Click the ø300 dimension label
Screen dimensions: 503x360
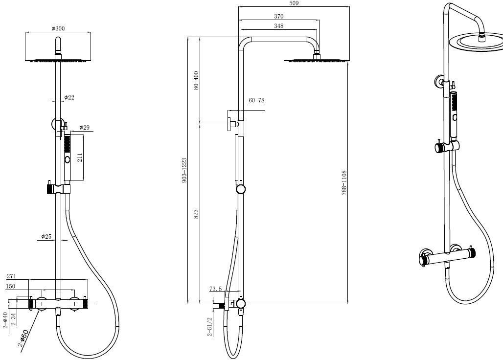[58, 28]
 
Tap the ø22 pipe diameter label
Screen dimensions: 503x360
[69, 97]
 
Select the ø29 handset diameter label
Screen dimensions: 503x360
[84, 127]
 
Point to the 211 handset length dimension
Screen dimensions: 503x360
[80, 157]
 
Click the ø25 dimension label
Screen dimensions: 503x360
[46, 237]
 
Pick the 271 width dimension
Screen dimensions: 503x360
[12, 276]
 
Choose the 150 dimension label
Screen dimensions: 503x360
[11, 286]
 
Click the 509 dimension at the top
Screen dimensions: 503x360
[294, 3]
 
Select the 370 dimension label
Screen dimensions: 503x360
[279, 16]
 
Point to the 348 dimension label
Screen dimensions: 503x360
[279, 26]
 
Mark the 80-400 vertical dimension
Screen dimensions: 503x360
[196, 80]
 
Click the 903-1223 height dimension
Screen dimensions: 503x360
[184, 170]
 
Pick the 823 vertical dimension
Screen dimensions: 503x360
[196, 214]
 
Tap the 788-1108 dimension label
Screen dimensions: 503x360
[344, 183]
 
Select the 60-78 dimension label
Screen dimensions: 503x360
[256, 100]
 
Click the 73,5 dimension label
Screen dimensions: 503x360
[216, 289]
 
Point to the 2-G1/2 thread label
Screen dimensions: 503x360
[210, 327]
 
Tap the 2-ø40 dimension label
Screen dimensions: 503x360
[5, 320]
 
